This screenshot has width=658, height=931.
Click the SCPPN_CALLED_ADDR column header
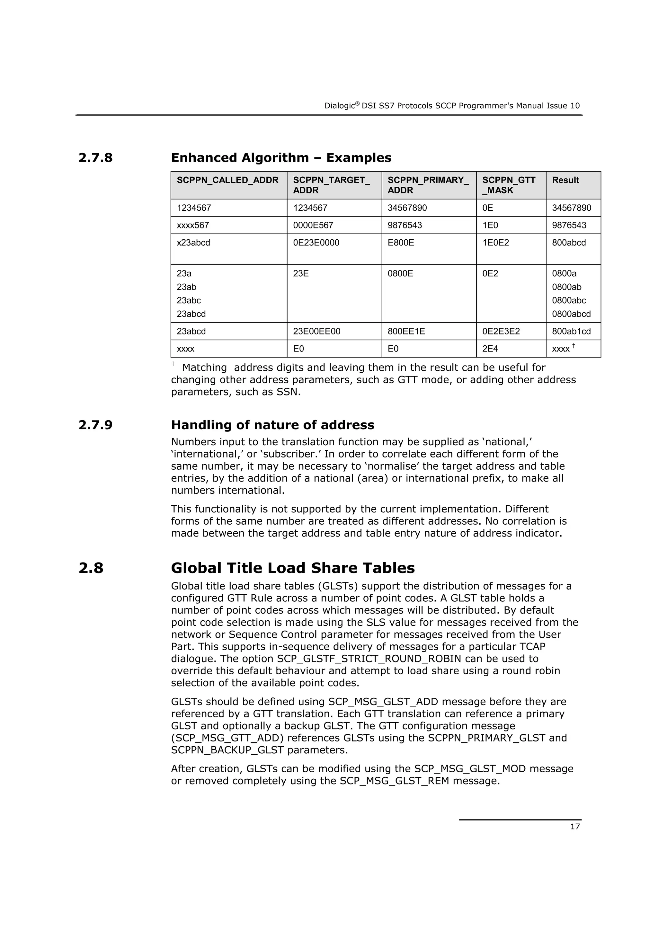227,180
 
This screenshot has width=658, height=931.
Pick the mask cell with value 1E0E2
495,243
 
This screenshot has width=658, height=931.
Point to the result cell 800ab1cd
571,331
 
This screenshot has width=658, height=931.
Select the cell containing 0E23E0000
316,243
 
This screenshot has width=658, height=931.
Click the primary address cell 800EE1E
406,331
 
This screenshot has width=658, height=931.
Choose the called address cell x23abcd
193,243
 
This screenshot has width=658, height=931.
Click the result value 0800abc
569,300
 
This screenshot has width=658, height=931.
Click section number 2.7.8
96,158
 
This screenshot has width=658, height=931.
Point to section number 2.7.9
96,425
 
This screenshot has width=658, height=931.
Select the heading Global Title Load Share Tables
293,568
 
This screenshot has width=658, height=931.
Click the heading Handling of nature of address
272,425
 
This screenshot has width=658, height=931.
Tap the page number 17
575,826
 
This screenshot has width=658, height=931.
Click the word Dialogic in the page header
339,106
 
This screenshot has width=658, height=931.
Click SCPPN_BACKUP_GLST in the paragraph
227,750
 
